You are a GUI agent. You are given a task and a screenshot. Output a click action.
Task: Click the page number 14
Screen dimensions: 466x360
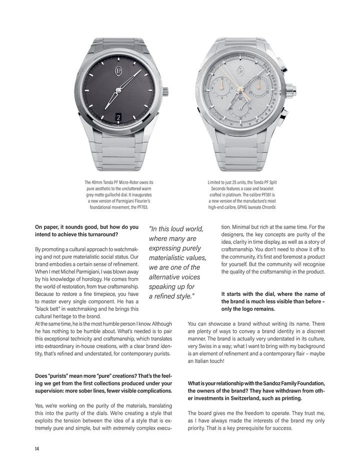pos(37,448)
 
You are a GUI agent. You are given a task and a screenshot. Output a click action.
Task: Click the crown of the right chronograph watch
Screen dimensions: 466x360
pos(289,92)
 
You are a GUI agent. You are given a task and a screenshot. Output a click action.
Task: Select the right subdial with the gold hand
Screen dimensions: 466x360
pos(258,85)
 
